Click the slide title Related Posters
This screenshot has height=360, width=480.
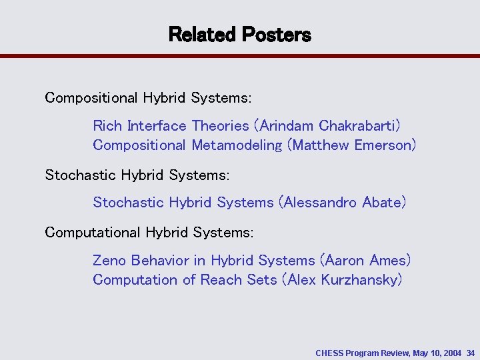coord(239,34)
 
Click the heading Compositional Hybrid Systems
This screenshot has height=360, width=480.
coord(148,98)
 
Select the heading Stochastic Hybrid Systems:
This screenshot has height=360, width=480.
coord(137,175)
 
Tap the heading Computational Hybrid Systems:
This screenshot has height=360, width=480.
coord(149,233)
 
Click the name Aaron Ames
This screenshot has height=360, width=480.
coord(365,260)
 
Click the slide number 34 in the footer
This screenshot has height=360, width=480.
coord(471,351)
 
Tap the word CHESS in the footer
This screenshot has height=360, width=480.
coord(331,351)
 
